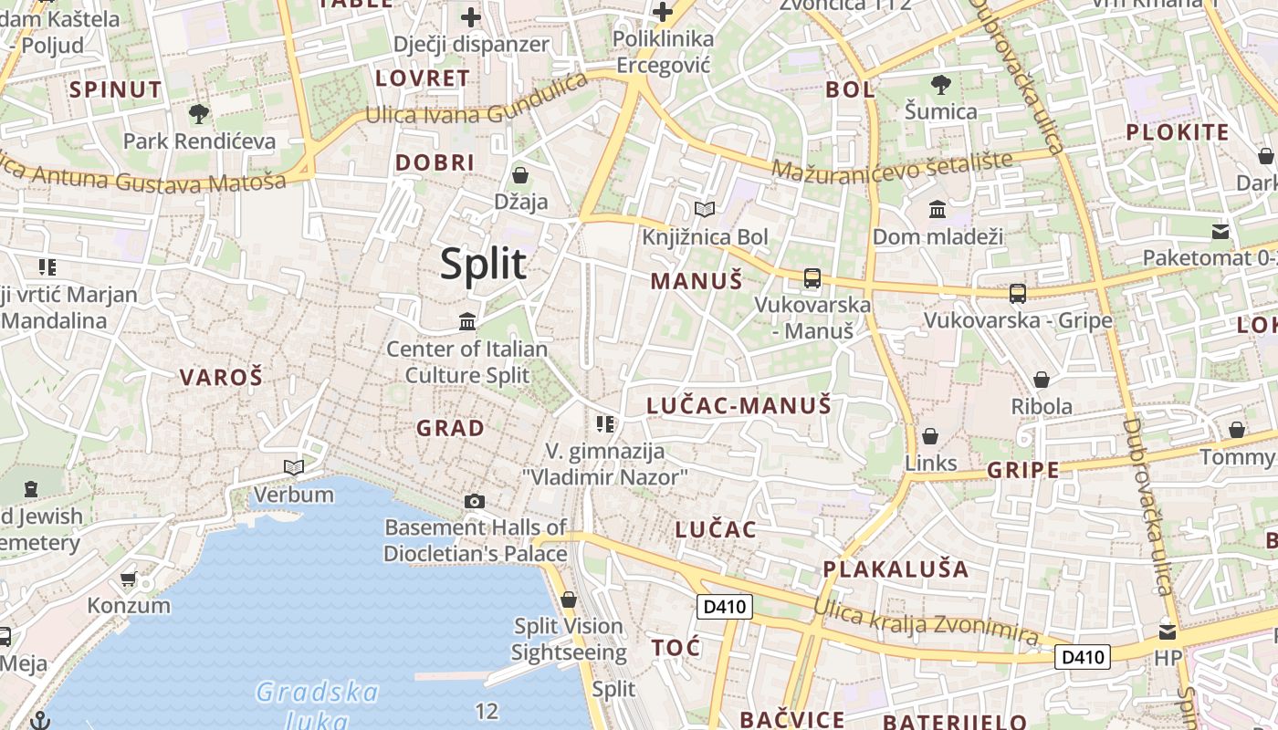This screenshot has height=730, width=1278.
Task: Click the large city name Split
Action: tap(483, 265)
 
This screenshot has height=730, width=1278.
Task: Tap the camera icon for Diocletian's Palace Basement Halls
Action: tap(475, 501)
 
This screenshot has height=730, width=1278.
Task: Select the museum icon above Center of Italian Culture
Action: tap(467, 321)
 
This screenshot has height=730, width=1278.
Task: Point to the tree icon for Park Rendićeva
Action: tap(198, 114)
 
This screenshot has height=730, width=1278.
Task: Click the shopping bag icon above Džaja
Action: tap(520, 174)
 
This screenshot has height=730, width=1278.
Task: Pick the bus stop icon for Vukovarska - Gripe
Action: tap(1018, 293)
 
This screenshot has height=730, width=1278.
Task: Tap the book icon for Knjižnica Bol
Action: tap(704, 210)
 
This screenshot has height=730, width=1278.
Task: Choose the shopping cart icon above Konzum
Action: tap(129, 579)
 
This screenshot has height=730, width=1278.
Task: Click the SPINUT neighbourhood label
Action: tap(116, 89)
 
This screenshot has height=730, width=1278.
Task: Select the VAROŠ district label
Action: tap(221, 377)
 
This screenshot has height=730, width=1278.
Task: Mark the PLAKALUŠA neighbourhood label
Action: tap(896, 569)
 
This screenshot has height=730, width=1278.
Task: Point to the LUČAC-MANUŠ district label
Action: tap(739, 405)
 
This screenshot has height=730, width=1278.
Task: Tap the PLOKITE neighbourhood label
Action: tap(1178, 132)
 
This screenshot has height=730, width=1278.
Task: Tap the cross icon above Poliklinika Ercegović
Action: tap(663, 13)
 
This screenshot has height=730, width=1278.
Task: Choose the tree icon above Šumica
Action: tap(940, 85)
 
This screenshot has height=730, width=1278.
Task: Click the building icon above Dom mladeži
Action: tap(937, 210)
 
